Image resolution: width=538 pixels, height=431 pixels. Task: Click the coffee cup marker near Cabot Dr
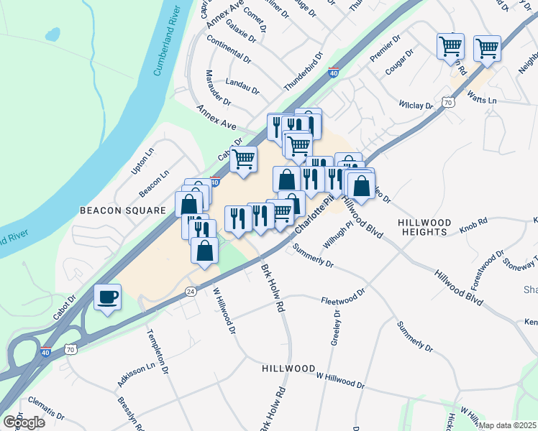107,297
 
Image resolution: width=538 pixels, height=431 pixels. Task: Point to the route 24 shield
190,291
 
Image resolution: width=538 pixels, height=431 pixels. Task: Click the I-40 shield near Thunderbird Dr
333,73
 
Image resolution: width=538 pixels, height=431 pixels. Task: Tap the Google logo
24,422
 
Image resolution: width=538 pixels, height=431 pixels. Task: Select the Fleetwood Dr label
344,300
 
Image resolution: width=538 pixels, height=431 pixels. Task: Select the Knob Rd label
474,223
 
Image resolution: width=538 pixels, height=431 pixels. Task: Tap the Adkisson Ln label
136,375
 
